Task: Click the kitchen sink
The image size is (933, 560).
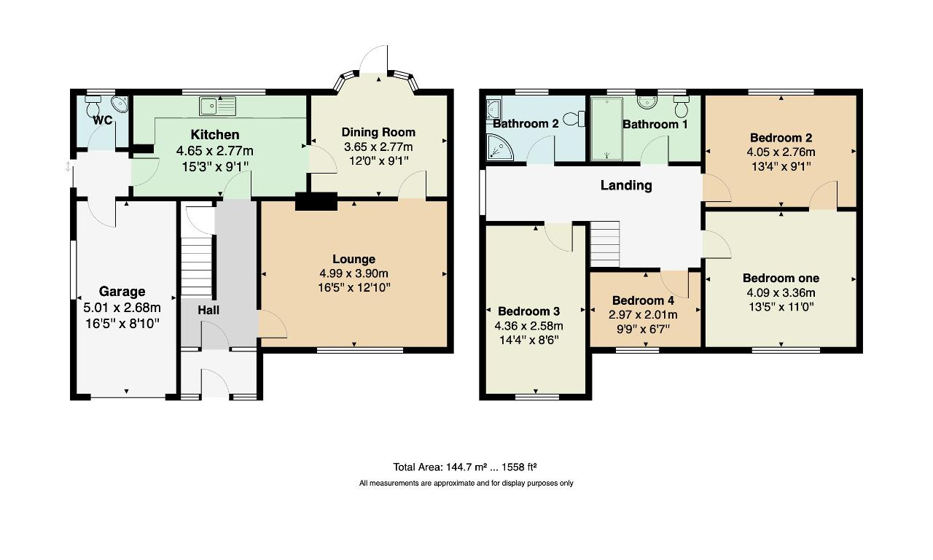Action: (217, 106)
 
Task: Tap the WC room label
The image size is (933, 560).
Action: (103, 120)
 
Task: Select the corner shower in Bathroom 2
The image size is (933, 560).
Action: (500, 147)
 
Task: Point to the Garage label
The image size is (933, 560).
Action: (122, 291)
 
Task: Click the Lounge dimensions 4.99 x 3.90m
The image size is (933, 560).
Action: (354, 273)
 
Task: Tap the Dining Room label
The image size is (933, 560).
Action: (378, 132)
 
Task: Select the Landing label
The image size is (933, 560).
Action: (626, 185)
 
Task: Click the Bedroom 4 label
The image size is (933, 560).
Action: (643, 300)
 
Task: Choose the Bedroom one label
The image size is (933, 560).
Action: (781, 278)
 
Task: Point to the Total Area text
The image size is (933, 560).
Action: (464, 467)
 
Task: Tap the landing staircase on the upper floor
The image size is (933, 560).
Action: (605, 244)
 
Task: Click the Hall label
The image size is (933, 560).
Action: (208, 310)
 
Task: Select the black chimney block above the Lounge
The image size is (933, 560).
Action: (316, 201)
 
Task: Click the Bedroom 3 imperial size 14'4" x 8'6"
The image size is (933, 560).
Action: (528, 340)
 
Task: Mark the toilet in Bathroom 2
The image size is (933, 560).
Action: (574, 119)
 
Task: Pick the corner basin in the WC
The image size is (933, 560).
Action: (121, 104)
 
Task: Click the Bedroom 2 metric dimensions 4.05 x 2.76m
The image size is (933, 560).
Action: (781, 152)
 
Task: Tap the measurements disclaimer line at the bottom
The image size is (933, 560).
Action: (466, 483)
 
